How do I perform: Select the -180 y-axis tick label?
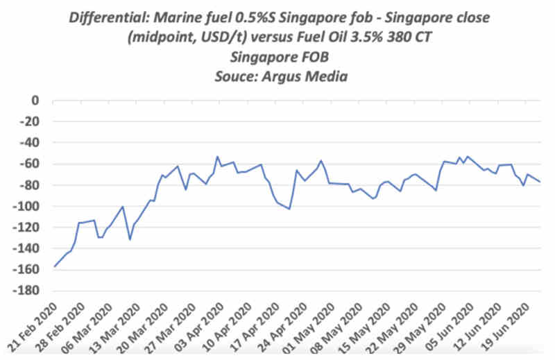point(27,291)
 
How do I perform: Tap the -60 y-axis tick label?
point(30,164)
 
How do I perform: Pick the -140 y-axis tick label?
point(27,249)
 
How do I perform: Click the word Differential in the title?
point(105,17)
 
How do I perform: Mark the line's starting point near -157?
point(54,266)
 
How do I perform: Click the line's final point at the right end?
point(540,182)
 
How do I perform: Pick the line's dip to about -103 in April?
point(289,209)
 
